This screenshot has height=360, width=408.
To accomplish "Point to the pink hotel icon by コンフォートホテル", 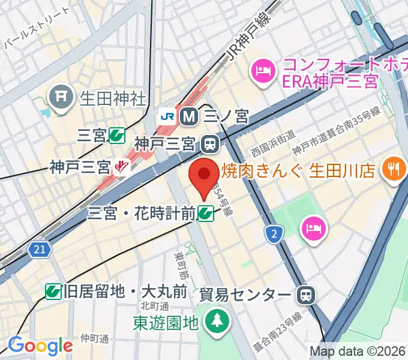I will [x=263, y=71].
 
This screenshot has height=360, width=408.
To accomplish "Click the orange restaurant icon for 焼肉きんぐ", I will [x=394, y=170].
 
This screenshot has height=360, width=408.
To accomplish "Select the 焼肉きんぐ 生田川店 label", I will [x=298, y=170].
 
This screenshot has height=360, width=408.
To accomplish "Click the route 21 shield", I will [x=40, y=248].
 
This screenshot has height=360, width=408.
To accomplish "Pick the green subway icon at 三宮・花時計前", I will [x=206, y=212].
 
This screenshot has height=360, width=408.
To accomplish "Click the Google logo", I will [x=40, y=346].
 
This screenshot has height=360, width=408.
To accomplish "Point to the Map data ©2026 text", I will [x=358, y=351].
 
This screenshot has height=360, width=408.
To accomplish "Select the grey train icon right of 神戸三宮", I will [x=210, y=144].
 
